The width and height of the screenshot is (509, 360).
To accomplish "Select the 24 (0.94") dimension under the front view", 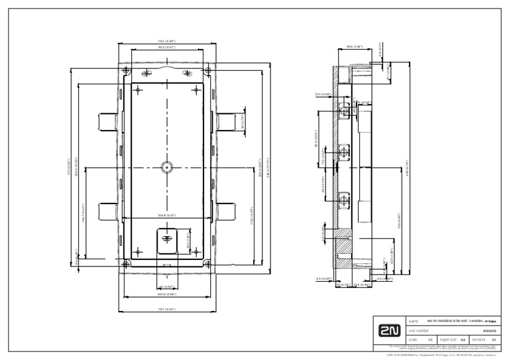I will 166,287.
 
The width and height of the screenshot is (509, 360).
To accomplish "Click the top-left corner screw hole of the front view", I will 125,70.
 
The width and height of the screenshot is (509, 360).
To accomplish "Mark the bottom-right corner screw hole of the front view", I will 207,265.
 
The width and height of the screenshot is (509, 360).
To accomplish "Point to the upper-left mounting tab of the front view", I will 108,121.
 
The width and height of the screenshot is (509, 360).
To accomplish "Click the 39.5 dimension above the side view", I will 355,46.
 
